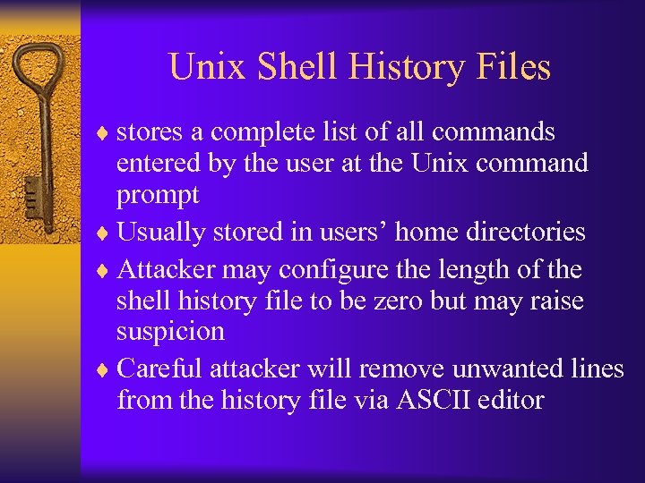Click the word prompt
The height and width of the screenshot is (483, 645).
(x=158, y=195)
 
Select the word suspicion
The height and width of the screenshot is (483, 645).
(x=170, y=331)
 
